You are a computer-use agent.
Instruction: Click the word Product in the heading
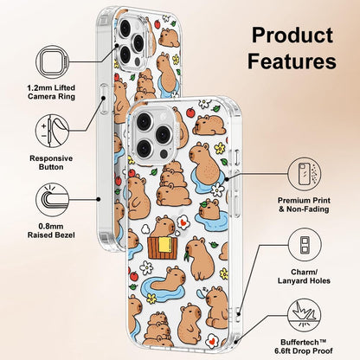tap(292, 35)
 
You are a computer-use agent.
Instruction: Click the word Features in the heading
tap(292, 61)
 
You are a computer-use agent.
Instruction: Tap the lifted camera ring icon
tap(53, 62)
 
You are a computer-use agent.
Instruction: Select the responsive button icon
tap(53, 131)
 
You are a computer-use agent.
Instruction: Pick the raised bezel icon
tap(53, 200)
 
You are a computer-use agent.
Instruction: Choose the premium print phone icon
tap(305, 174)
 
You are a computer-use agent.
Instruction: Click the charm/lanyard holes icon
tap(305, 245)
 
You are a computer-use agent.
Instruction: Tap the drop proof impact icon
tap(305, 315)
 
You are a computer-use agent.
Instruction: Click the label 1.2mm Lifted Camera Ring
tap(51, 92)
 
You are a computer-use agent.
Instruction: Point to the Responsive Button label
tap(51, 163)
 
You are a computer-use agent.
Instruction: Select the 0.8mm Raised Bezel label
tap(51, 231)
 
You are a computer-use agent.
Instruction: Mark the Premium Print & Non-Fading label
tap(304, 205)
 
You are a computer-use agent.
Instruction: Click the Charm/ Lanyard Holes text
tap(304, 276)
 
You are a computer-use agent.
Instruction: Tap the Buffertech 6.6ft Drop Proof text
tap(304, 347)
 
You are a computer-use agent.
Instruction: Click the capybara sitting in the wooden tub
tap(163, 227)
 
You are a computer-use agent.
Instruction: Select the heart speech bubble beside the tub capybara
tap(183, 223)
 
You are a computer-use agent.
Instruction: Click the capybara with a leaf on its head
tap(209, 209)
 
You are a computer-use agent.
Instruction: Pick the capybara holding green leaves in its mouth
tap(200, 258)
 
